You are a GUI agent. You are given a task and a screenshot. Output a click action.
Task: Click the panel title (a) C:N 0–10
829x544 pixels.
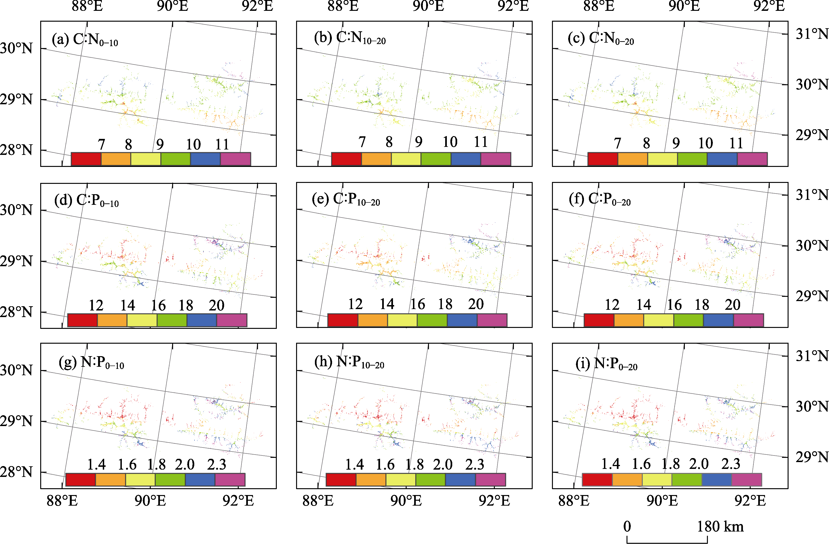(x=85, y=39)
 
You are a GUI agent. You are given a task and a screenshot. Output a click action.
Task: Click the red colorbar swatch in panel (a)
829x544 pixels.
(x=86, y=159)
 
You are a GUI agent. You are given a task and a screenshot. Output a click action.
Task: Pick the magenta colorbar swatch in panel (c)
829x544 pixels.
(x=752, y=159)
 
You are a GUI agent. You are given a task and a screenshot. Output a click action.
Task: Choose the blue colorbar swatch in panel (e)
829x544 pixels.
(x=462, y=320)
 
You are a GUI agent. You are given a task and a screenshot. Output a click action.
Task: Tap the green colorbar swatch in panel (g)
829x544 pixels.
(x=170, y=480)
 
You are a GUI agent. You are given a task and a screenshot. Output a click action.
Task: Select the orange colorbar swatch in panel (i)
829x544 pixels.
(x=627, y=480)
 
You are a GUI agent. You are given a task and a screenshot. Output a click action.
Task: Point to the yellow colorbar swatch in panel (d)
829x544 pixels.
(x=142, y=320)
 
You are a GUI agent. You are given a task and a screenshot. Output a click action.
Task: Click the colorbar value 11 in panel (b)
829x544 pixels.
(x=481, y=142)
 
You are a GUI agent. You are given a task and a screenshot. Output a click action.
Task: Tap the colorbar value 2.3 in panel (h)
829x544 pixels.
(x=475, y=464)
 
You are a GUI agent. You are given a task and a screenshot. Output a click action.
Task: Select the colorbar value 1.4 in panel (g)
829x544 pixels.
(x=96, y=464)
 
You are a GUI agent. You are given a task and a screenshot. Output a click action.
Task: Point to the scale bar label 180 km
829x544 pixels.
(x=720, y=527)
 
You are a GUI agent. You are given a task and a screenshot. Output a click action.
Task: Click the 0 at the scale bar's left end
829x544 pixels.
(x=627, y=527)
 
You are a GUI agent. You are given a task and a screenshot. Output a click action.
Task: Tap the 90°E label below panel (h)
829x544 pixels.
(x=406, y=501)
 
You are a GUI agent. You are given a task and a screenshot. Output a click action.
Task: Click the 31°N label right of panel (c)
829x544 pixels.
(x=812, y=34)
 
